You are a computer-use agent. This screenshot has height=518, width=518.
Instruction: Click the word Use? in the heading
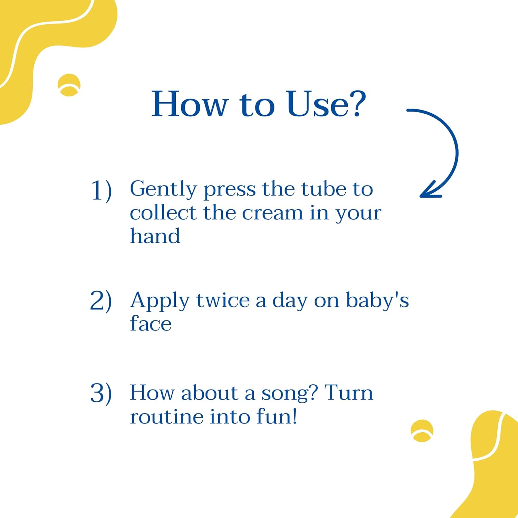coord(326,104)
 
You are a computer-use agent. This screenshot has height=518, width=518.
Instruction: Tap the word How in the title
coord(190,104)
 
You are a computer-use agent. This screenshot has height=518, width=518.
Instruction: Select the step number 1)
coord(101,190)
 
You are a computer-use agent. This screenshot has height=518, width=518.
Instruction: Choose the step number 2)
coord(101,301)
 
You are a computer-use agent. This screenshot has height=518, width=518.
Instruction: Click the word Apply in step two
coord(160,301)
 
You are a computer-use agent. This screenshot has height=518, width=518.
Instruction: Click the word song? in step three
coord(289,394)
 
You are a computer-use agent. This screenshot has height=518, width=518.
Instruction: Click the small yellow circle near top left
coord(69,85)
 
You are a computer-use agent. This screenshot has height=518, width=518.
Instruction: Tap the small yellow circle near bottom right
coord(422,431)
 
